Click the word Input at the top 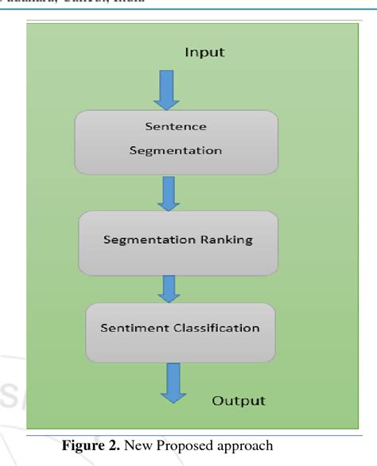[x=204, y=52]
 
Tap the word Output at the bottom [x=238, y=400]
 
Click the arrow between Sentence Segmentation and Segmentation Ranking [x=169, y=192]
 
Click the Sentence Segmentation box [x=176, y=141]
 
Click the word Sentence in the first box [x=175, y=126]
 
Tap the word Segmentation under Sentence [x=176, y=151]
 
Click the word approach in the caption [x=247, y=446]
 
